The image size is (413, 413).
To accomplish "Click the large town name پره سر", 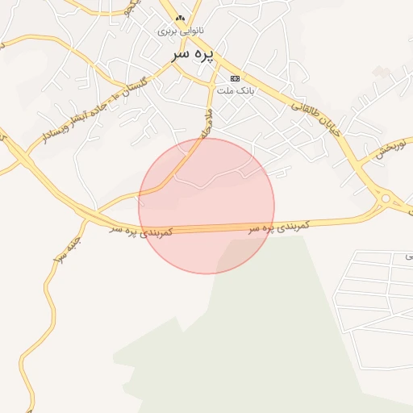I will click(194, 54).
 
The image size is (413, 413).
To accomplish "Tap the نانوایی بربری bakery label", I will click(181, 31).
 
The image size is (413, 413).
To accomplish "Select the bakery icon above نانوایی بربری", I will click(181, 18).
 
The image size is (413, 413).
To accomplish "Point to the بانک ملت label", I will click(239, 91).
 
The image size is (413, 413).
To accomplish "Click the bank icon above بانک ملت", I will click(235, 78).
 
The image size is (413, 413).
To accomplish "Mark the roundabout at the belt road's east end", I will click(386, 198).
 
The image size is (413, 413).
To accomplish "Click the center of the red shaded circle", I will click(206, 206).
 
